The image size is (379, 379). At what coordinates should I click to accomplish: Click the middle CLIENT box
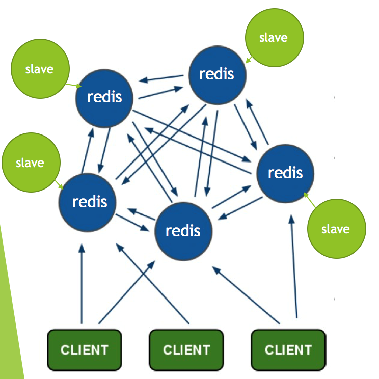pyautogui.click(x=186, y=350)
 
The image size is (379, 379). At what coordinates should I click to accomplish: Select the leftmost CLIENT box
pyautogui.click(x=85, y=350)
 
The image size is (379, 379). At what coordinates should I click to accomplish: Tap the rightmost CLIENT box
pyautogui.click(x=288, y=350)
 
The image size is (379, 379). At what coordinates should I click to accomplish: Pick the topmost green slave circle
pyautogui.click(x=275, y=38)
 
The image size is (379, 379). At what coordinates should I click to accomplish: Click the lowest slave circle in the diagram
pyautogui.click(x=336, y=229)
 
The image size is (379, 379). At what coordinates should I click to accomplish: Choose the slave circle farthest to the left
pyautogui.click(x=31, y=163)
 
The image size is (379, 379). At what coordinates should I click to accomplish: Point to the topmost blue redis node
pyautogui.click(x=218, y=75)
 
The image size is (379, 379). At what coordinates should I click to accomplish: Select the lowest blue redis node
pyautogui.click(x=183, y=231)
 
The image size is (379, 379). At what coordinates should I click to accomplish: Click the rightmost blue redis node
pyautogui.click(x=285, y=174)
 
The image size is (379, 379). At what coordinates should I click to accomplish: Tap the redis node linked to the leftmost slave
pyautogui.click(x=87, y=203)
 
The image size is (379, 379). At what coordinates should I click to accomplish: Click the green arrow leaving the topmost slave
pyautogui.click(x=249, y=60)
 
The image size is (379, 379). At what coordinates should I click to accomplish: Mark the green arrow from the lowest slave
pyautogui.click(x=310, y=200)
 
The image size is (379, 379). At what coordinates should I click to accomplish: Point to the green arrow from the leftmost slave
pyautogui.click(x=59, y=185)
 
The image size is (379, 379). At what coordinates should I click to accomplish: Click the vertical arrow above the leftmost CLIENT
pyautogui.click(x=82, y=284)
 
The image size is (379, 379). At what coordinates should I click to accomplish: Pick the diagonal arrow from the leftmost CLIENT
pyautogui.click(x=127, y=292)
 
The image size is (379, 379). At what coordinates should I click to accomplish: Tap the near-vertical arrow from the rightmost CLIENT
pyautogui.click(x=294, y=266)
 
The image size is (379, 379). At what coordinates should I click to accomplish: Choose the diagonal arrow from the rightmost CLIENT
pyautogui.click(x=246, y=295)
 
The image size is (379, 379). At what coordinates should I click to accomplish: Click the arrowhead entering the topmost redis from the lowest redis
pyautogui.click(x=205, y=121)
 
